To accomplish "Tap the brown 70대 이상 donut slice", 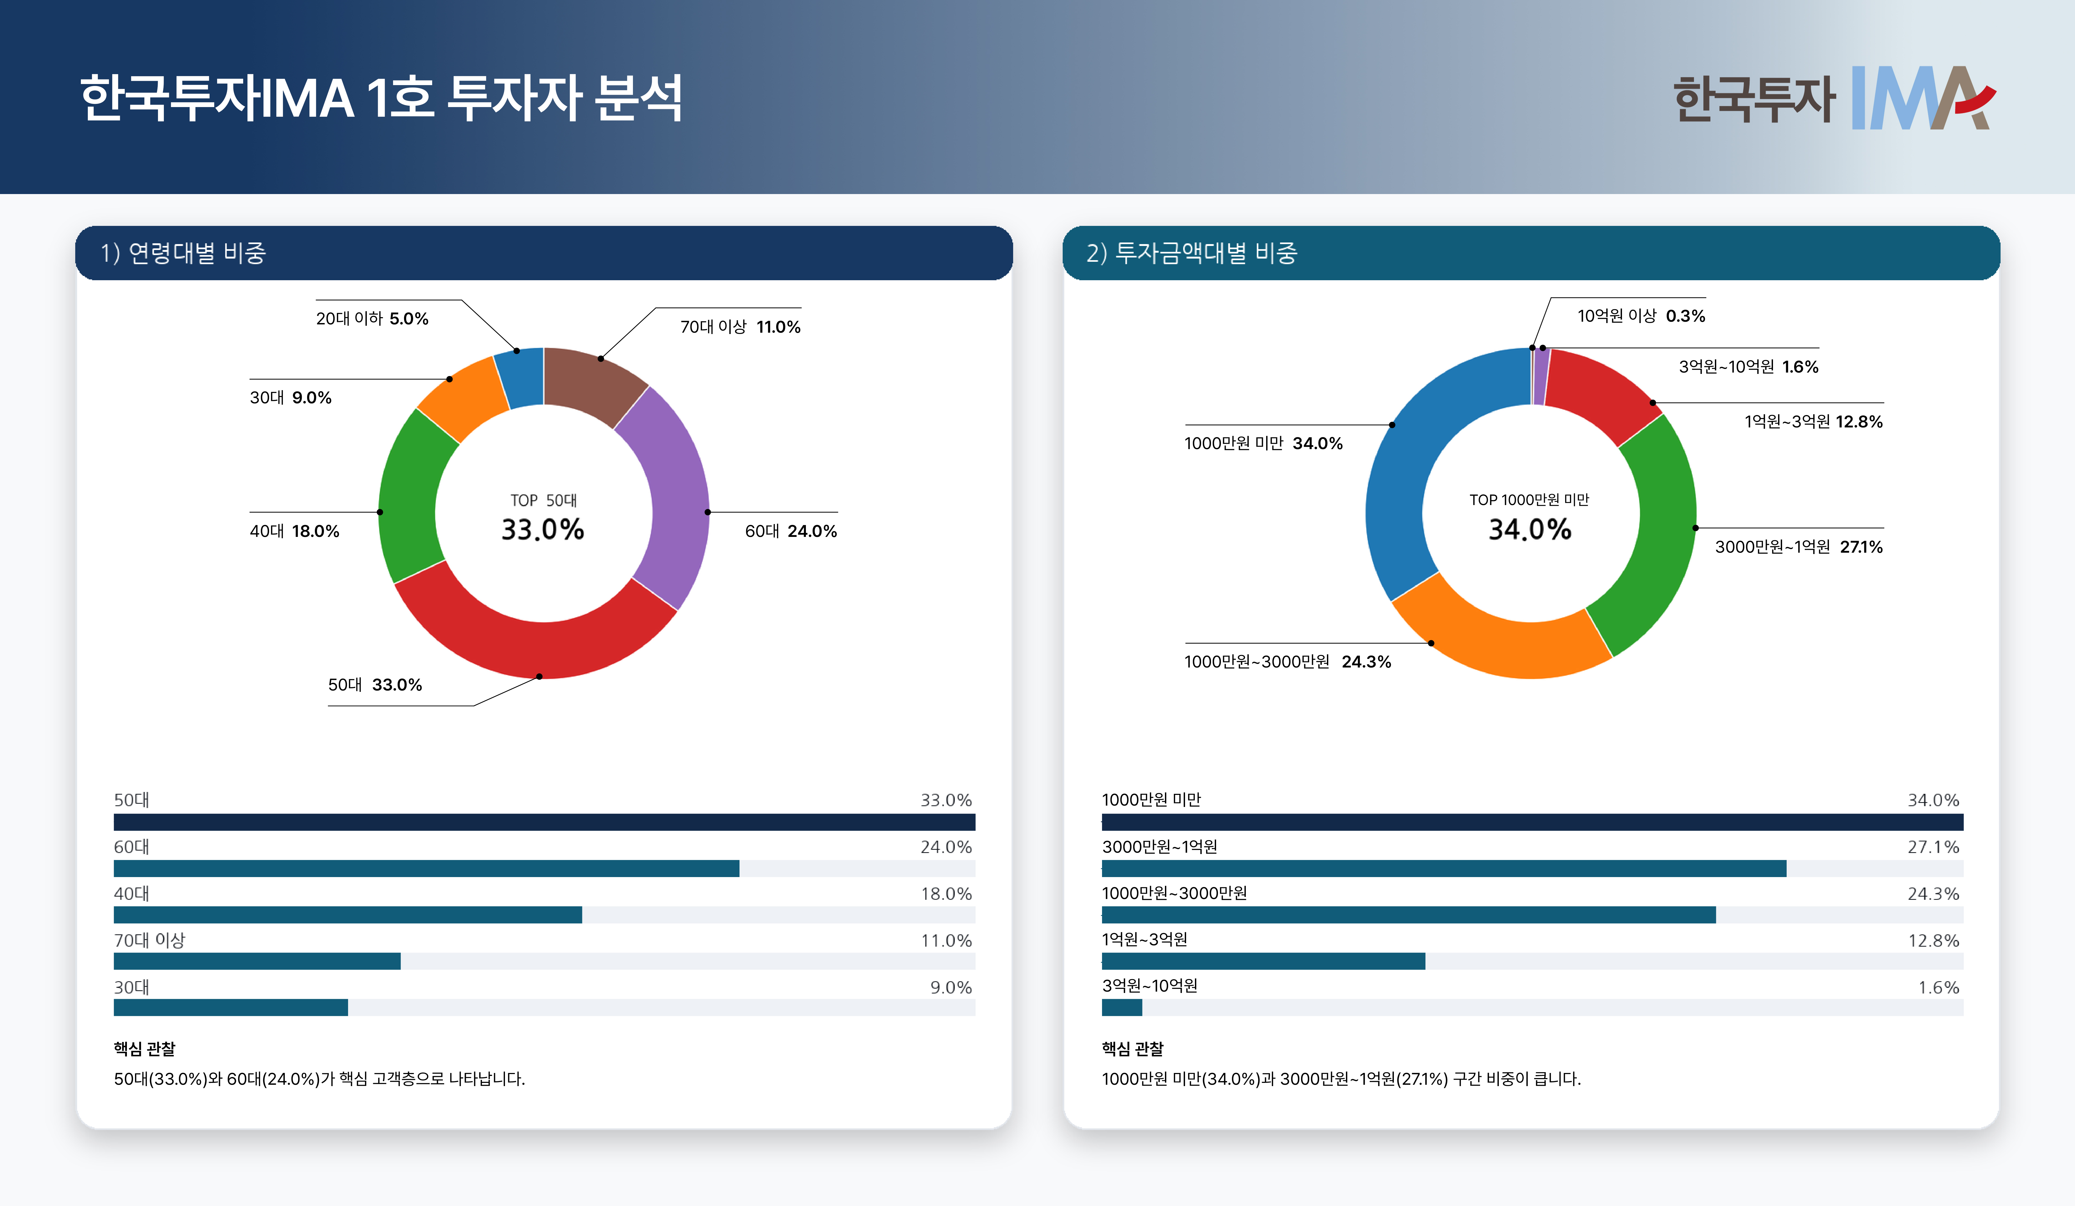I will [x=593, y=383].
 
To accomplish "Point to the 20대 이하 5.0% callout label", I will [x=372, y=318].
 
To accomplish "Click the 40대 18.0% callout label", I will [x=295, y=531].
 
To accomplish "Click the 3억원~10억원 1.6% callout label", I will [x=1748, y=367].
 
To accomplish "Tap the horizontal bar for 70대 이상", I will [x=257, y=961].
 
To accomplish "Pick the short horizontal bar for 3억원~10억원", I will [x=1122, y=1008].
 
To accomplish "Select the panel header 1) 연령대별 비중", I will [x=184, y=253].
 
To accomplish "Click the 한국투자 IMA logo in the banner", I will [x=1835, y=99].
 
